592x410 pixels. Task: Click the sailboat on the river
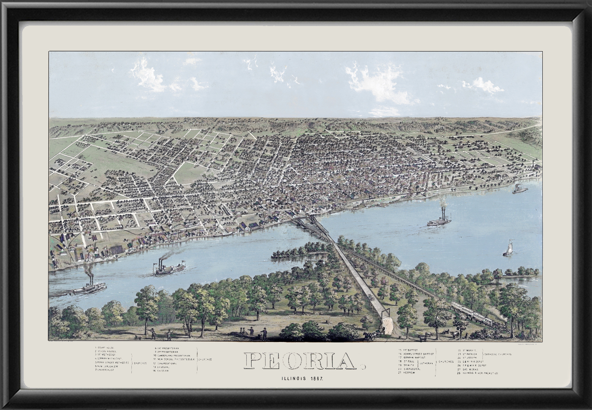(x=507, y=248)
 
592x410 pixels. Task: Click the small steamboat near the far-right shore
(x=520, y=189)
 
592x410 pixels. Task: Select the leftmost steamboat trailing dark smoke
(x=88, y=287)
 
